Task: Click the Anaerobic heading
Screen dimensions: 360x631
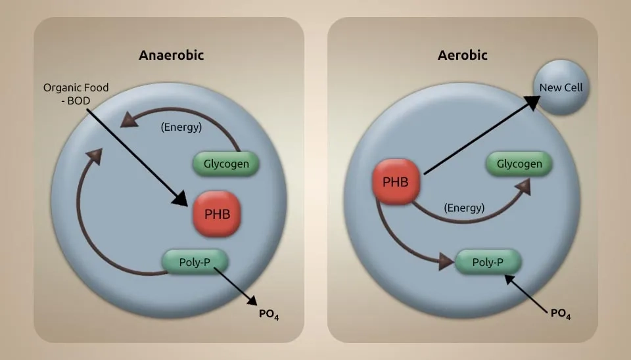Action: coord(171,55)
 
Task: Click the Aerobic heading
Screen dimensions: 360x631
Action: coord(463,55)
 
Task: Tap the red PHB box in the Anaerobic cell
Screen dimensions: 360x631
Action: coord(216,214)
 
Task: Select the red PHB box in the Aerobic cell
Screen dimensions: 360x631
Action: coord(396,181)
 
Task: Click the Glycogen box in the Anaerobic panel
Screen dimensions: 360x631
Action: coord(226,164)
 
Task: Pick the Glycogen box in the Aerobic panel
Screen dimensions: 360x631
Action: coord(519,164)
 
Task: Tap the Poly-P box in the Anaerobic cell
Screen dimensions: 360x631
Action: coord(195,261)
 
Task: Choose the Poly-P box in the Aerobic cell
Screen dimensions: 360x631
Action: coord(488,262)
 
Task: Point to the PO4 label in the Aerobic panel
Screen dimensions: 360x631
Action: coord(560,313)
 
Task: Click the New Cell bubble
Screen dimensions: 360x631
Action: coord(561,87)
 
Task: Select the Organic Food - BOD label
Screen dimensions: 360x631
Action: coord(76,93)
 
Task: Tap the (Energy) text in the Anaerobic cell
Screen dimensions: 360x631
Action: coord(181,127)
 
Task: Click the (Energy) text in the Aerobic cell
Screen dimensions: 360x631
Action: coord(463,208)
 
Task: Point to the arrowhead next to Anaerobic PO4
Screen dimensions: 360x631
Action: coord(251,300)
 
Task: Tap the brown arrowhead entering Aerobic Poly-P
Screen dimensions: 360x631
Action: coord(447,262)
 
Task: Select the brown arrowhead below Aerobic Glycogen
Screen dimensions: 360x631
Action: coord(523,187)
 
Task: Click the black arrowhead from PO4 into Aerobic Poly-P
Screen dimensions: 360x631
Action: coord(509,281)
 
